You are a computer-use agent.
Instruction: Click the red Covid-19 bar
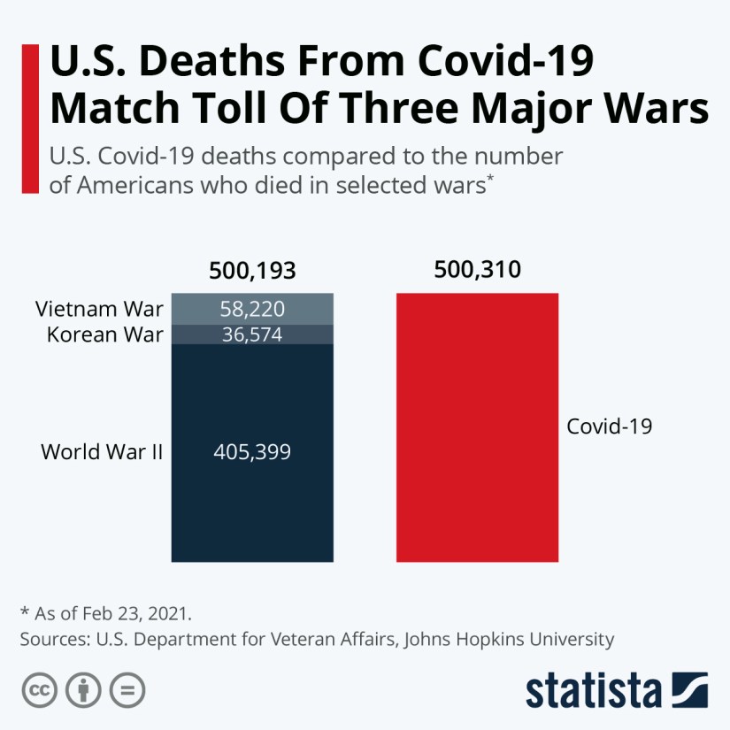click(477, 427)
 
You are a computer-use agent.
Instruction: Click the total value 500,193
click(252, 271)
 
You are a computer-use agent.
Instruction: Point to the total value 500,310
click(478, 269)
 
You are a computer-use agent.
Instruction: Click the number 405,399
click(252, 452)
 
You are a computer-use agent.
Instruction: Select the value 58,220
click(252, 309)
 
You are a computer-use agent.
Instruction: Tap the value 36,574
click(252, 334)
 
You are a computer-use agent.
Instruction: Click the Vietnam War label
click(100, 310)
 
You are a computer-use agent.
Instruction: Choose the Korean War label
click(105, 334)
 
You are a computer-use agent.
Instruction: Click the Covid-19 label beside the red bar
click(609, 426)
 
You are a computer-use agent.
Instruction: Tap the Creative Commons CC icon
click(37, 689)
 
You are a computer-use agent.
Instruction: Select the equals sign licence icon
click(129, 689)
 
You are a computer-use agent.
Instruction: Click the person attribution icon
click(83, 689)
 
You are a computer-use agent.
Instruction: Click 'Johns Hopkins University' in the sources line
click(509, 638)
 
